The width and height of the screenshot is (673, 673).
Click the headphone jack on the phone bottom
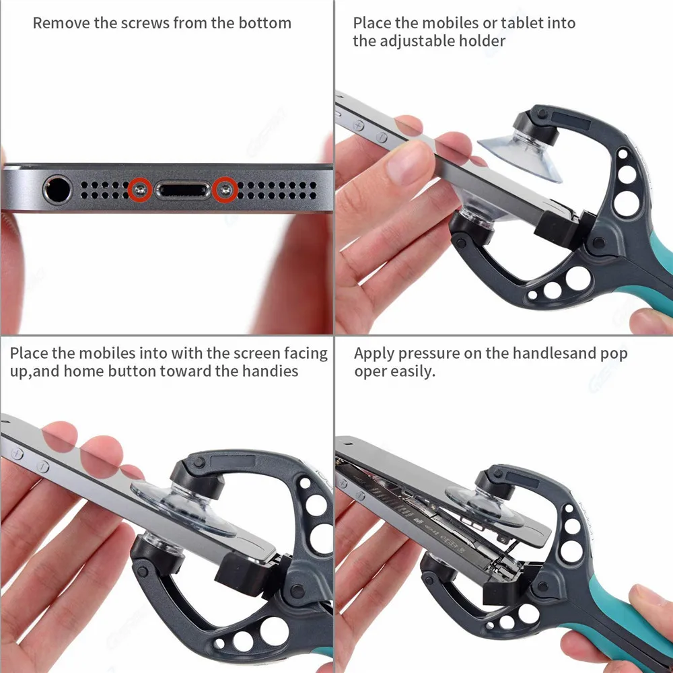coord(57,189)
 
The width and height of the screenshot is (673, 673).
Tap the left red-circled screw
coord(140,189)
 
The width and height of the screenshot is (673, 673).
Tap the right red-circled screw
coord(225,189)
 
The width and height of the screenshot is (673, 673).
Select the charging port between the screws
coord(182,190)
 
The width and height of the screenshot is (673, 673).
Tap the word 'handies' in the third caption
coord(270,371)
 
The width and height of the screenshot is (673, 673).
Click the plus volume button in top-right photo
coord(359,126)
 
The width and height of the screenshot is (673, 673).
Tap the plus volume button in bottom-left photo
coord(17,453)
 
